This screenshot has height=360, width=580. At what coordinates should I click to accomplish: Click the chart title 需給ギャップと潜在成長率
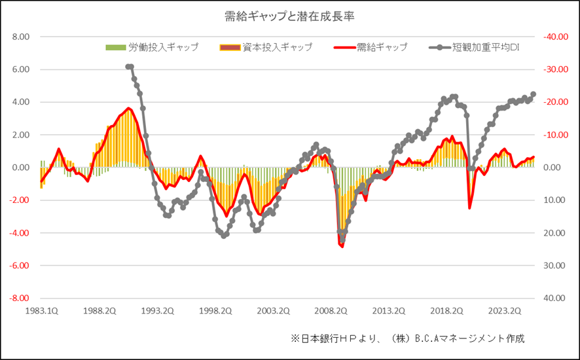point(289,15)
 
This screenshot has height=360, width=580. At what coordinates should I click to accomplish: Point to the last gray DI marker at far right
point(533,94)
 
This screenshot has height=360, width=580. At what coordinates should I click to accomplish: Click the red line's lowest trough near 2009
point(342,246)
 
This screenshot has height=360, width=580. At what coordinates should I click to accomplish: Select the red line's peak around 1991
point(128,109)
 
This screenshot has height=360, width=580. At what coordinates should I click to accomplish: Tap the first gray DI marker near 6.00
point(127,66)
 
